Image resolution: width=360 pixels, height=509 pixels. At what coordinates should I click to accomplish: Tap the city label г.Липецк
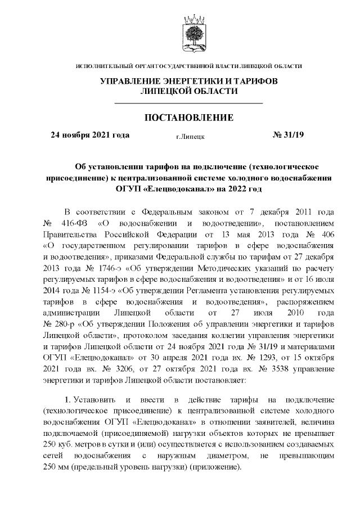point(190,136)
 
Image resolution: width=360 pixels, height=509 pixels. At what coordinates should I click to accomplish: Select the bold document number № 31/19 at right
point(287,134)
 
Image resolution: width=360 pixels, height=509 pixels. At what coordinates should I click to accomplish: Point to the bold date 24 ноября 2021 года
point(90,134)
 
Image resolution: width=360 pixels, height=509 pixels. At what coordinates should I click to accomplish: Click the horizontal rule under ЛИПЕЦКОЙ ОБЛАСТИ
point(188,103)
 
